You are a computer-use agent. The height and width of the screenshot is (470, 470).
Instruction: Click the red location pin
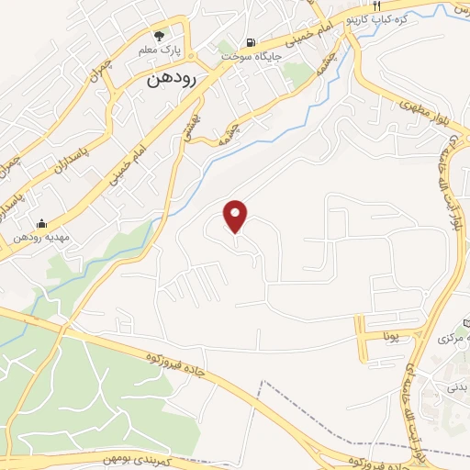pyautogui.click(x=237, y=216)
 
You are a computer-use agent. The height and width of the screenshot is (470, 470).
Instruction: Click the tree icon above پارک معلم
pyautogui.click(x=161, y=36)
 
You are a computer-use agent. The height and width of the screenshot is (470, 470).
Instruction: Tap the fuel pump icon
pyautogui.click(x=250, y=42)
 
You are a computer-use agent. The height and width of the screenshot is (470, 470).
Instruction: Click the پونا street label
pyautogui.click(x=390, y=337)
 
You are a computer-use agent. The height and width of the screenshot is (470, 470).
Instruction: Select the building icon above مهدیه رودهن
pyautogui.click(x=40, y=222)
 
